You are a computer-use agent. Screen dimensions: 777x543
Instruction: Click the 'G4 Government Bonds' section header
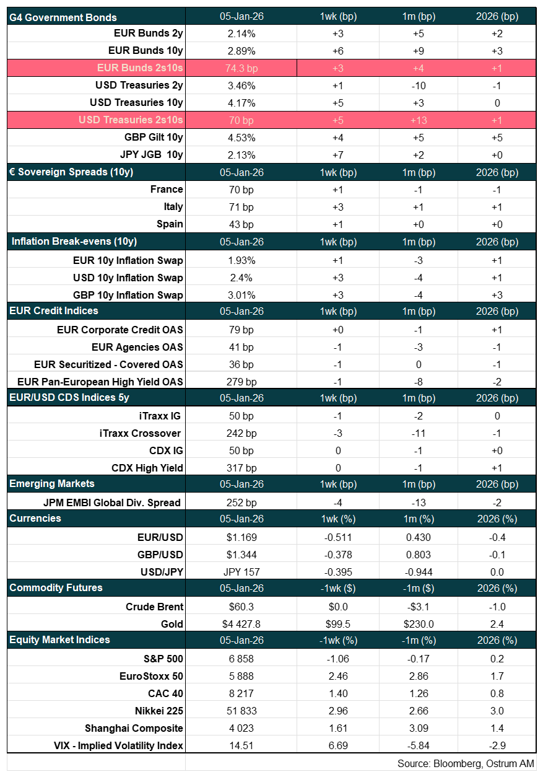tap(63, 17)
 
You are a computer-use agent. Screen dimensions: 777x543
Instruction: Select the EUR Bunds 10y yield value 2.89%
tap(241, 51)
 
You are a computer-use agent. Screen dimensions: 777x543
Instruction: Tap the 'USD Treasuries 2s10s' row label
tap(131, 120)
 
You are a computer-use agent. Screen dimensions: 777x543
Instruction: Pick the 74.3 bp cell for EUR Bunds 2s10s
tap(241, 68)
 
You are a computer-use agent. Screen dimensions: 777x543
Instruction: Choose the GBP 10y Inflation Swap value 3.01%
tap(241, 294)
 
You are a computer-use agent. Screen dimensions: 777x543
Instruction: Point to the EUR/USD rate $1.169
tap(241, 537)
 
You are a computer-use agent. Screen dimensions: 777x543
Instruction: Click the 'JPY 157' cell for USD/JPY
tap(241, 572)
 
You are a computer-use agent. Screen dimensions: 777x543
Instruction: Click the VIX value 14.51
tap(241, 745)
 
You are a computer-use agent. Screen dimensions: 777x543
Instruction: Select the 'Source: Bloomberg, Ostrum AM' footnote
tap(466, 763)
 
